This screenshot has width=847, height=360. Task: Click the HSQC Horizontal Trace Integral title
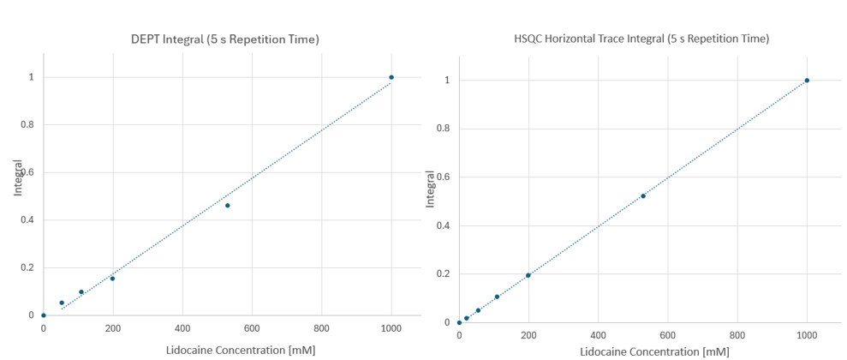636,39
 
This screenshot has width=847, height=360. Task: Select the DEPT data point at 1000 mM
391,77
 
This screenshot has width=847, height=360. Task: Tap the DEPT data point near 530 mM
228,206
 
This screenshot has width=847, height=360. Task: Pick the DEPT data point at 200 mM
112,279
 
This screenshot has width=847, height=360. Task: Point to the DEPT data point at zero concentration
44,315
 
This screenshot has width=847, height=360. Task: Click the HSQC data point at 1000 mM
807,81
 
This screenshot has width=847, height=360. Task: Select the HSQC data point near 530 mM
643,196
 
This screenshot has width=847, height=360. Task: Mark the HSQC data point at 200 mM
528,275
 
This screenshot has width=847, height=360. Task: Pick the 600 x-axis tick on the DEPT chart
252,329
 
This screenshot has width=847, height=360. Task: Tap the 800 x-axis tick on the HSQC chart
737,336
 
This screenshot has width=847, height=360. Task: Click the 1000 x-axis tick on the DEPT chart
391,329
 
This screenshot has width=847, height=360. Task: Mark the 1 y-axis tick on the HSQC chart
447,81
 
